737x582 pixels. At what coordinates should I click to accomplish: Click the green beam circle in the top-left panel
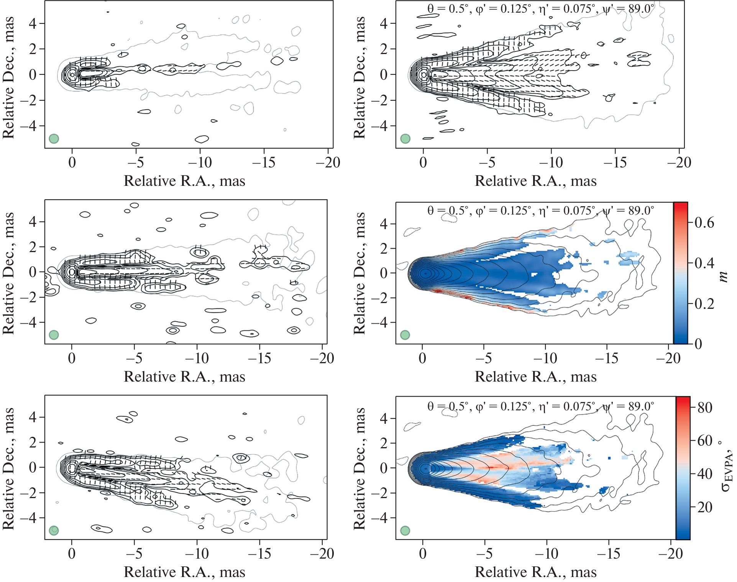point(54,139)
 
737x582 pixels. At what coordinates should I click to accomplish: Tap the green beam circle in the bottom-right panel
point(405,531)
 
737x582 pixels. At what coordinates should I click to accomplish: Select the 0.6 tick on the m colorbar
point(704,223)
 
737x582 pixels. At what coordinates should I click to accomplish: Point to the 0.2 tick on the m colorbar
point(704,303)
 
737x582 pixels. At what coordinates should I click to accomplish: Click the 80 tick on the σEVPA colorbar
point(705,407)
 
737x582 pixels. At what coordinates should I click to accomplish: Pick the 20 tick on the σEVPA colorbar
point(705,507)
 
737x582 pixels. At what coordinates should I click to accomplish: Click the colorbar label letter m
point(723,276)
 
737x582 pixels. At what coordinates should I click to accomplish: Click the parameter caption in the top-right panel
point(540,9)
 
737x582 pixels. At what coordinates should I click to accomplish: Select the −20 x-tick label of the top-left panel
point(328,162)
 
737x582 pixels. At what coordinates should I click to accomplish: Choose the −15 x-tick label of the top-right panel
point(615,162)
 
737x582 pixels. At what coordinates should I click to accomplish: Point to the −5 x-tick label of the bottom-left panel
point(134,554)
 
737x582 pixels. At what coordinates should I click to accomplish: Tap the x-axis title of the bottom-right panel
point(535,572)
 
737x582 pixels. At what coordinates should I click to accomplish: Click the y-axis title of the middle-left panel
point(8,273)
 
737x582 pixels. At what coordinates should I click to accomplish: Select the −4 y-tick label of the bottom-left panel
point(29,518)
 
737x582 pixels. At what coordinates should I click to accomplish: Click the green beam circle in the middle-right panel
point(405,335)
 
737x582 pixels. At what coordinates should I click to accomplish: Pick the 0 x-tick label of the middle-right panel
point(422,358)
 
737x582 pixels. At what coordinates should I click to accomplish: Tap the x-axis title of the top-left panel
point(184,181)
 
